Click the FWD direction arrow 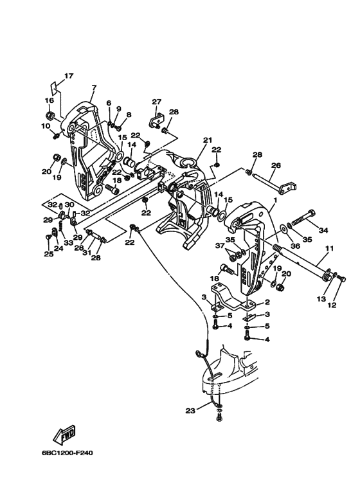64,434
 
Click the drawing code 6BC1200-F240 67,453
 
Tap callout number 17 69,76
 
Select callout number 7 94,87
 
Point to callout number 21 208,140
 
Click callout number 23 190,411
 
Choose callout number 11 330,248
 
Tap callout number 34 323,230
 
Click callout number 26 276,165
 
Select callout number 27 157,102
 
